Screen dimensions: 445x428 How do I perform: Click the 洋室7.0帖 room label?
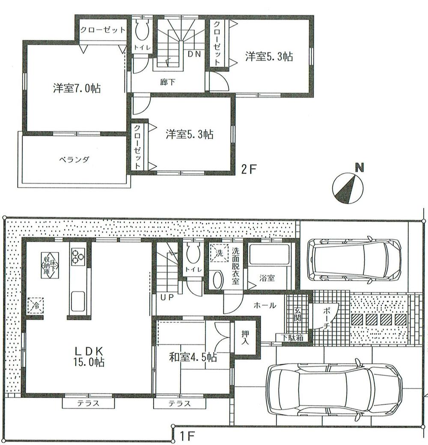point(77,89)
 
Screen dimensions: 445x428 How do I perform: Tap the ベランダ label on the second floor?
point(74,160)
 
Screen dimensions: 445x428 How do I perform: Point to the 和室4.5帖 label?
point(193,357)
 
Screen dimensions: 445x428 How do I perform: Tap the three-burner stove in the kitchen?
point(78,256)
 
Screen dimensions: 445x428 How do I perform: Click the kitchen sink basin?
point(77,300)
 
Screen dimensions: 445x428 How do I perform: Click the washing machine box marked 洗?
point(219,252)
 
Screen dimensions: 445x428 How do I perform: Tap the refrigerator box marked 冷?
point(36,305)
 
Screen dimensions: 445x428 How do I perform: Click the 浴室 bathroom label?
point(267,278)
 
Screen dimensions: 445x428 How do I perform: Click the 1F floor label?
point(187,437)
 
